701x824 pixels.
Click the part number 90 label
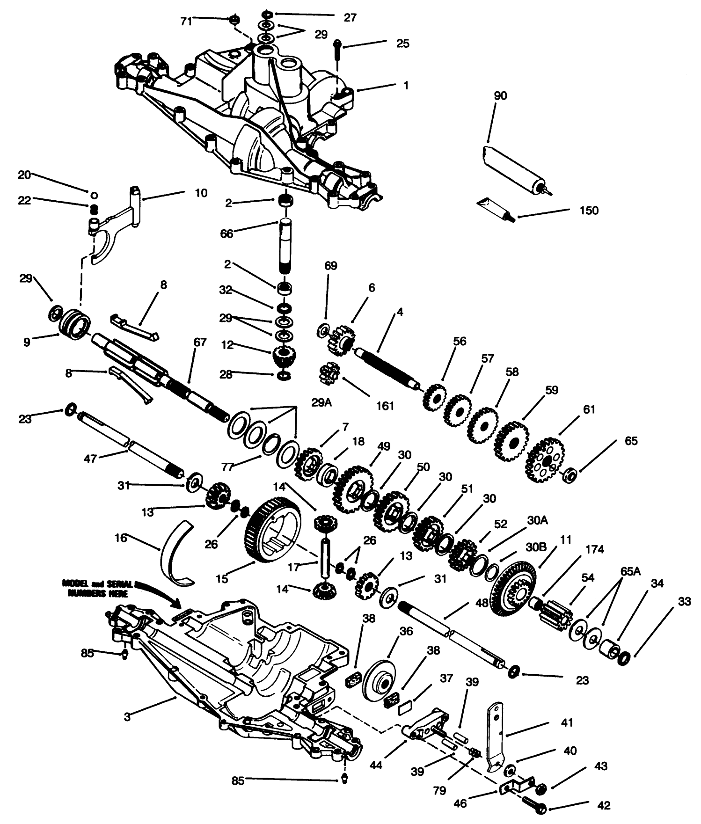coord(500,95)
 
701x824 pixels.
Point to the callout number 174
coord(594,549)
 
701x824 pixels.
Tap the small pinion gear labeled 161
coord(329,374)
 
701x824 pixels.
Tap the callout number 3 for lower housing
coord(127,716)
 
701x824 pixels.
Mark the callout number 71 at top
coord(186,21)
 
